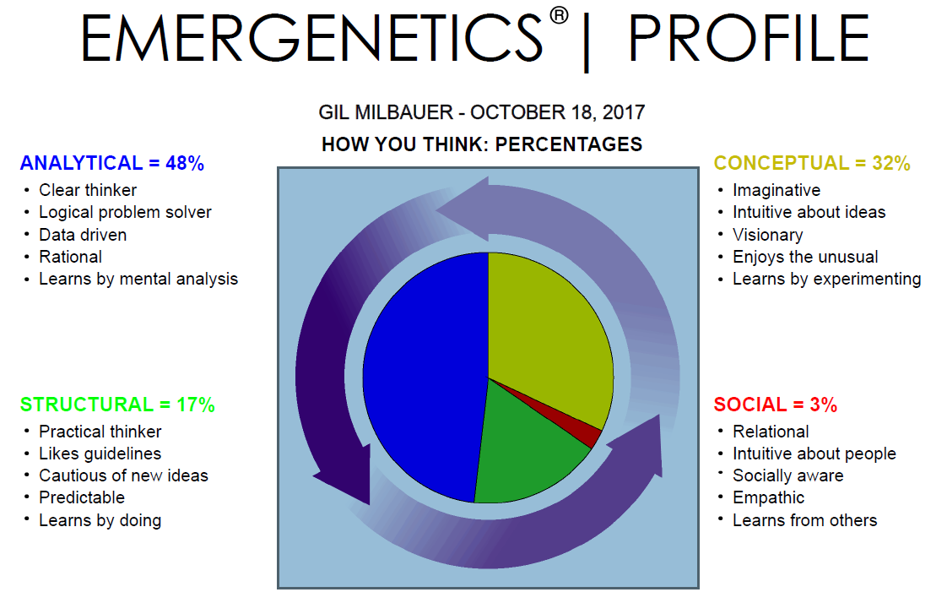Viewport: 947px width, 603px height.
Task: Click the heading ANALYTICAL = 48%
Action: [x=111, y=163]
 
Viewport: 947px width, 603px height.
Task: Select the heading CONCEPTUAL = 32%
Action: [x=812, y=163]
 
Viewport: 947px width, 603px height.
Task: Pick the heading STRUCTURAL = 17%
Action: [x=117, y=405]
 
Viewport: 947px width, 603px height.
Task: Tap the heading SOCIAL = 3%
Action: [x=775, y=405]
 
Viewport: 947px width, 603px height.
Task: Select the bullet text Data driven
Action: [x=83, y=235]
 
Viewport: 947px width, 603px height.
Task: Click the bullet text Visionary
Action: [x=767, y=235]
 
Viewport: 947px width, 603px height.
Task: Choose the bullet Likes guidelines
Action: [x=100, y=454]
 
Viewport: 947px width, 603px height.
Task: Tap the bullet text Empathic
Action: [x=768, y=497]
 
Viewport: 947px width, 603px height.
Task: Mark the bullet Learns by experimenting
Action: [x=826, y=279]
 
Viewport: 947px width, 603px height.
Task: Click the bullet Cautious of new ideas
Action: [x=123, y=475]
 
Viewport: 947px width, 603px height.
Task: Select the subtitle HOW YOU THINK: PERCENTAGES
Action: [x=481, y=144]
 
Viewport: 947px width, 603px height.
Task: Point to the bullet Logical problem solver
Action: [x=125, y=212]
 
